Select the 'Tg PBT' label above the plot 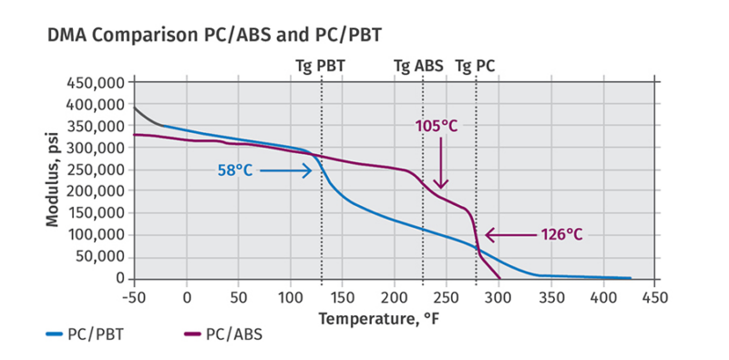coord(321,67)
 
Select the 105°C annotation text coord(437,126)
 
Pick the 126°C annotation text coord(556,234)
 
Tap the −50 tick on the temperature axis coord(134,296)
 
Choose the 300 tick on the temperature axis coord(498,296)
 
